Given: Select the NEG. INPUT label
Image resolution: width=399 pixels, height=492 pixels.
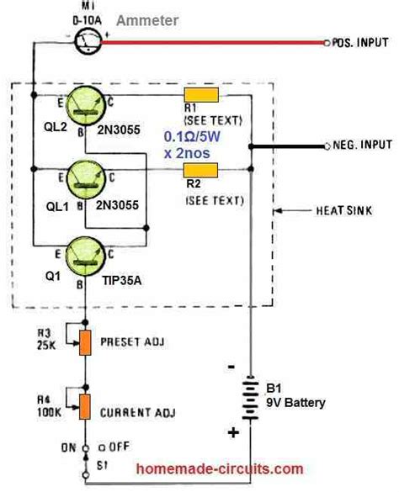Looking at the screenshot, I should [x=357, y=145].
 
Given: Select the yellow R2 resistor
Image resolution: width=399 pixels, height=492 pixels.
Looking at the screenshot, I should [x=202, y=171].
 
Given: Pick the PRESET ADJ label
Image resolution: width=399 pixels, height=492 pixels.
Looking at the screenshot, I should [x=136, y=341].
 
